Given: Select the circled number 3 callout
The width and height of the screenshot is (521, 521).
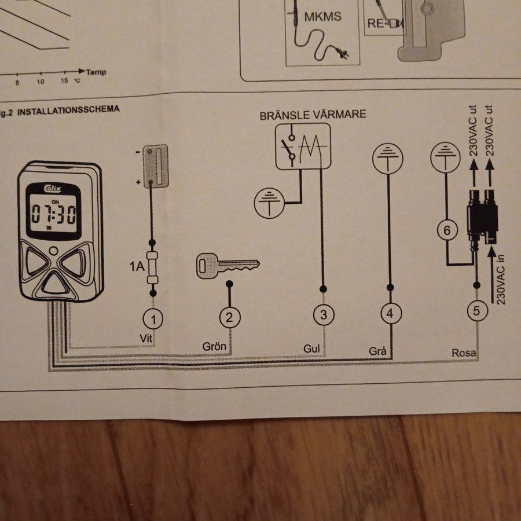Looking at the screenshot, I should tap(324, 314).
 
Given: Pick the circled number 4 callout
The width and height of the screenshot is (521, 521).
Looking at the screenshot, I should tap(391, 313).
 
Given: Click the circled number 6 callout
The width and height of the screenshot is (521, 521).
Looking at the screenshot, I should tap(446, 231).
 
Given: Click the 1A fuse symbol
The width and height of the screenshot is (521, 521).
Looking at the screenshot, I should tap(153, 267).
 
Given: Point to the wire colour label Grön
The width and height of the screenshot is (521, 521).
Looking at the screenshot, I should tap(214, 347).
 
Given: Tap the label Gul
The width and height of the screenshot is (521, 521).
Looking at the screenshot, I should tap(311, 348).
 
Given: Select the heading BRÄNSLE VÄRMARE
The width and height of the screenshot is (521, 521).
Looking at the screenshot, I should tap(313, 114).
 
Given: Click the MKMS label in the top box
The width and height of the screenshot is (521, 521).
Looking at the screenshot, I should tap(322, 16).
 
